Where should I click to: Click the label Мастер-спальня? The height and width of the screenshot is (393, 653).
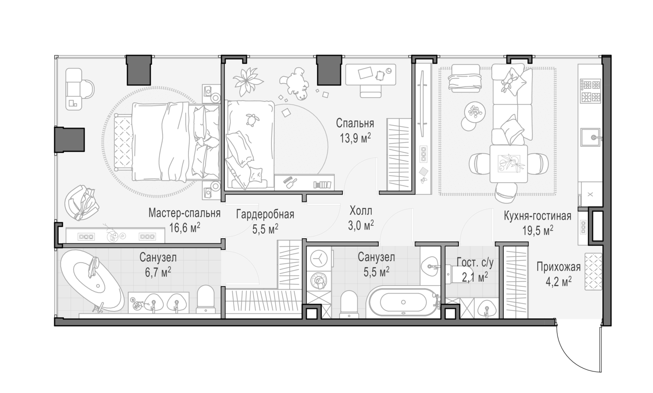(184, 214)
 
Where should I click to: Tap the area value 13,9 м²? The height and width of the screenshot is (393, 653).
(355, 138)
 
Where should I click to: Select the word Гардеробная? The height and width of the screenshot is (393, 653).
(265, 214)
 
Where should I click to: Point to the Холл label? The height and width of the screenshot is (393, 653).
(361, 210)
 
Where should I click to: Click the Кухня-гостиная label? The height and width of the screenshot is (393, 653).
(537, 216)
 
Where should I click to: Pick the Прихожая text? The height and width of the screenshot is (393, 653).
(559, 267)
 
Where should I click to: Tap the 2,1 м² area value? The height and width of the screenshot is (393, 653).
(475, 277)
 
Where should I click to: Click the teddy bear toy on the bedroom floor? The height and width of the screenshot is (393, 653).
(294, 83)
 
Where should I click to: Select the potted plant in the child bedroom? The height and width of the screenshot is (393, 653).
(248, 81)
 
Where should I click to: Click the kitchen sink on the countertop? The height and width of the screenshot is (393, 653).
(590, 137)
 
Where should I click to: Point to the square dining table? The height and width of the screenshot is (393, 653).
(508, 163)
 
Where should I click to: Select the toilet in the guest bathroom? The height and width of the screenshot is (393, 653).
(455, 274)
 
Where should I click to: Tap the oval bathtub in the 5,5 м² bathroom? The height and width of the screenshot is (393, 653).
(403, 302)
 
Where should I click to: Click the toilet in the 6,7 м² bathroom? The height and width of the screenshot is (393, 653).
(206, 299)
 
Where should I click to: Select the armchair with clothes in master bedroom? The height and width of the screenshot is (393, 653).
(81, 202)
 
